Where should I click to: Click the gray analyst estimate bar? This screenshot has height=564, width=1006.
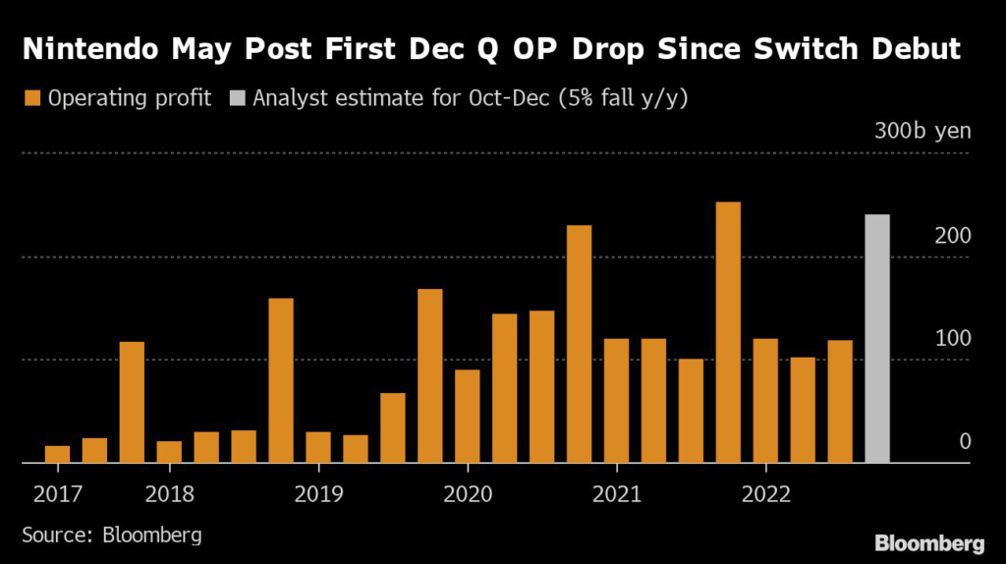(876, 338)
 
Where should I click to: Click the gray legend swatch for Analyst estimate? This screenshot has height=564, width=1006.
(238, 98)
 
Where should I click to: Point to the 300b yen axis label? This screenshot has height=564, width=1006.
(922, 132)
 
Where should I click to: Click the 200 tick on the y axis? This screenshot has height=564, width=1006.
(952, 236)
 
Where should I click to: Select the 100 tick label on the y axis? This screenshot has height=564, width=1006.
(952, 338)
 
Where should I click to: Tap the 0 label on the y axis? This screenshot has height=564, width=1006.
(965, 441)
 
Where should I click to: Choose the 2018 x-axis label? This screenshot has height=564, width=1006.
(169, 491)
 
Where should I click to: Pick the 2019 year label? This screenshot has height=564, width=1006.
(318, 491)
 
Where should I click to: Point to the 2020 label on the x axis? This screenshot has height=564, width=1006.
(468, 491)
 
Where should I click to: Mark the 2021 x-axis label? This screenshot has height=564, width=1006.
(617, 491)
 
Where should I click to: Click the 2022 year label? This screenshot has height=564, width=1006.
(766, 491)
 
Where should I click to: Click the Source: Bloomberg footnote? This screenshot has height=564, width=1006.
(112, 536)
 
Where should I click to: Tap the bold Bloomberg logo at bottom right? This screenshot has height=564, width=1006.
(928, 542)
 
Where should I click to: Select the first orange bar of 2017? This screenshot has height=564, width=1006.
(58, 453)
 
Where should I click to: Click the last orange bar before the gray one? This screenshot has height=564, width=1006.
(840, 401)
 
